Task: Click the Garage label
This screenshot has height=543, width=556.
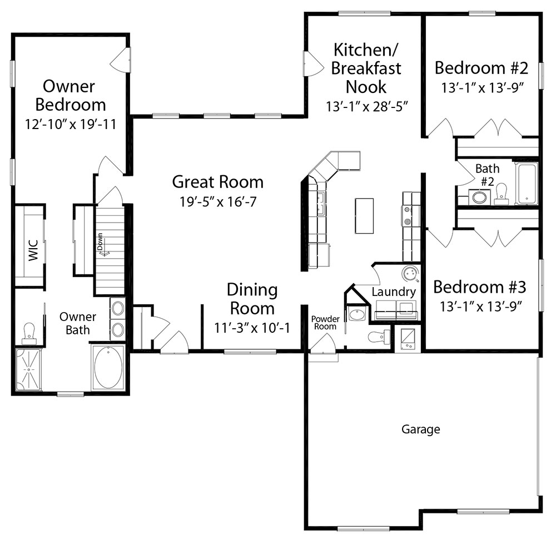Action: point(420,430)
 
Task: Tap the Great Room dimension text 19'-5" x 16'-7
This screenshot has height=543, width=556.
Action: point(218,202)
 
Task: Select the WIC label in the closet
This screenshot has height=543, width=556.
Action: point(33,250)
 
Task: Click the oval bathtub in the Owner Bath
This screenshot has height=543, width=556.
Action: point(108,367)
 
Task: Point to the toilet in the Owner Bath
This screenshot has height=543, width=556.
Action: point(29,334)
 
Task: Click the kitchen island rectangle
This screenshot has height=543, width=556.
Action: point(364,216)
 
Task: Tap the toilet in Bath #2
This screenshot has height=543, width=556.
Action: point(501,194)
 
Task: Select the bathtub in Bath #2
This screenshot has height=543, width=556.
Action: point(527,184)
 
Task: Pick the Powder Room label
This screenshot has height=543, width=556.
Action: point(325,323)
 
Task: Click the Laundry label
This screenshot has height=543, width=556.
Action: point(394,292)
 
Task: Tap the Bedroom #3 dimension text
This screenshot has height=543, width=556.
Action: point(480,307)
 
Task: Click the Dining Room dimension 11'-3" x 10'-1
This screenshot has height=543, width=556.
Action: point(252,328)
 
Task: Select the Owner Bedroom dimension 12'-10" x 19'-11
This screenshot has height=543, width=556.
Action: point(71,124)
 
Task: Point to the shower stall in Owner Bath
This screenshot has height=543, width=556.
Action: point(28,369)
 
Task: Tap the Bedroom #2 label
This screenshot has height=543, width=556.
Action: point(481,68)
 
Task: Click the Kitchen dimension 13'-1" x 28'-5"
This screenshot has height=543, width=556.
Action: point(366,106)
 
